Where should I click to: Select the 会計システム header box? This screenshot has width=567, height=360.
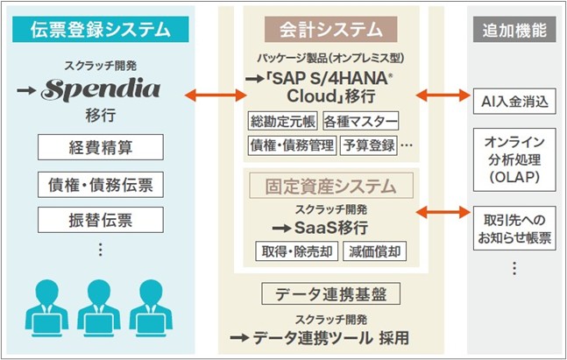coord(325,30)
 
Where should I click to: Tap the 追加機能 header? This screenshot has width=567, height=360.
coord(514,30)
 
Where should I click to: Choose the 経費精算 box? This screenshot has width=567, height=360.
coord(100,147)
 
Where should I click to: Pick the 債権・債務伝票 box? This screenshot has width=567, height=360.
coord(100,184)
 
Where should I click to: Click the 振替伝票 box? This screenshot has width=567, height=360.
coord(100,218)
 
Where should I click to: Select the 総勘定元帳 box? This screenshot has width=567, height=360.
coord(283,121)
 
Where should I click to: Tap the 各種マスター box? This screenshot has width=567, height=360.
coord(360,121)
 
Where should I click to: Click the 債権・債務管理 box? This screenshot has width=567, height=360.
coord(292,145)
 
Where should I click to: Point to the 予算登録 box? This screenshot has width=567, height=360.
coord(368,145)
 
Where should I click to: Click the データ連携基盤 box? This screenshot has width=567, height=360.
coord(325,293)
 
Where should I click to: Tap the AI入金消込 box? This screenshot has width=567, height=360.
coord(514,101)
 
